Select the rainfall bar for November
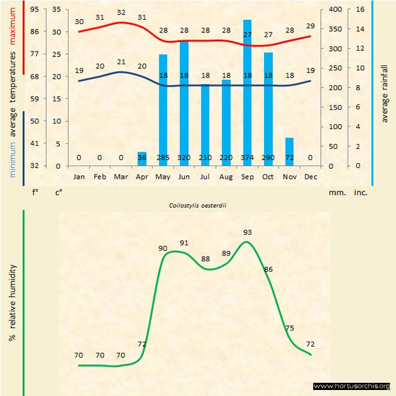[289, 152]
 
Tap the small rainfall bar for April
[142, 159]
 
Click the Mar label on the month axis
[121, 177]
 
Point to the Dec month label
[311, 177]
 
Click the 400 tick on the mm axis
[337, 10]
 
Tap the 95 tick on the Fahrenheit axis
[34, 10]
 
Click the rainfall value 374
[247, 157]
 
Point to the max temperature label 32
[121, 13]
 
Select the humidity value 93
[247, 232]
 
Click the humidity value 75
[289, 328]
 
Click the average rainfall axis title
[385, 91]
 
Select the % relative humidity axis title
[13, 302]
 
